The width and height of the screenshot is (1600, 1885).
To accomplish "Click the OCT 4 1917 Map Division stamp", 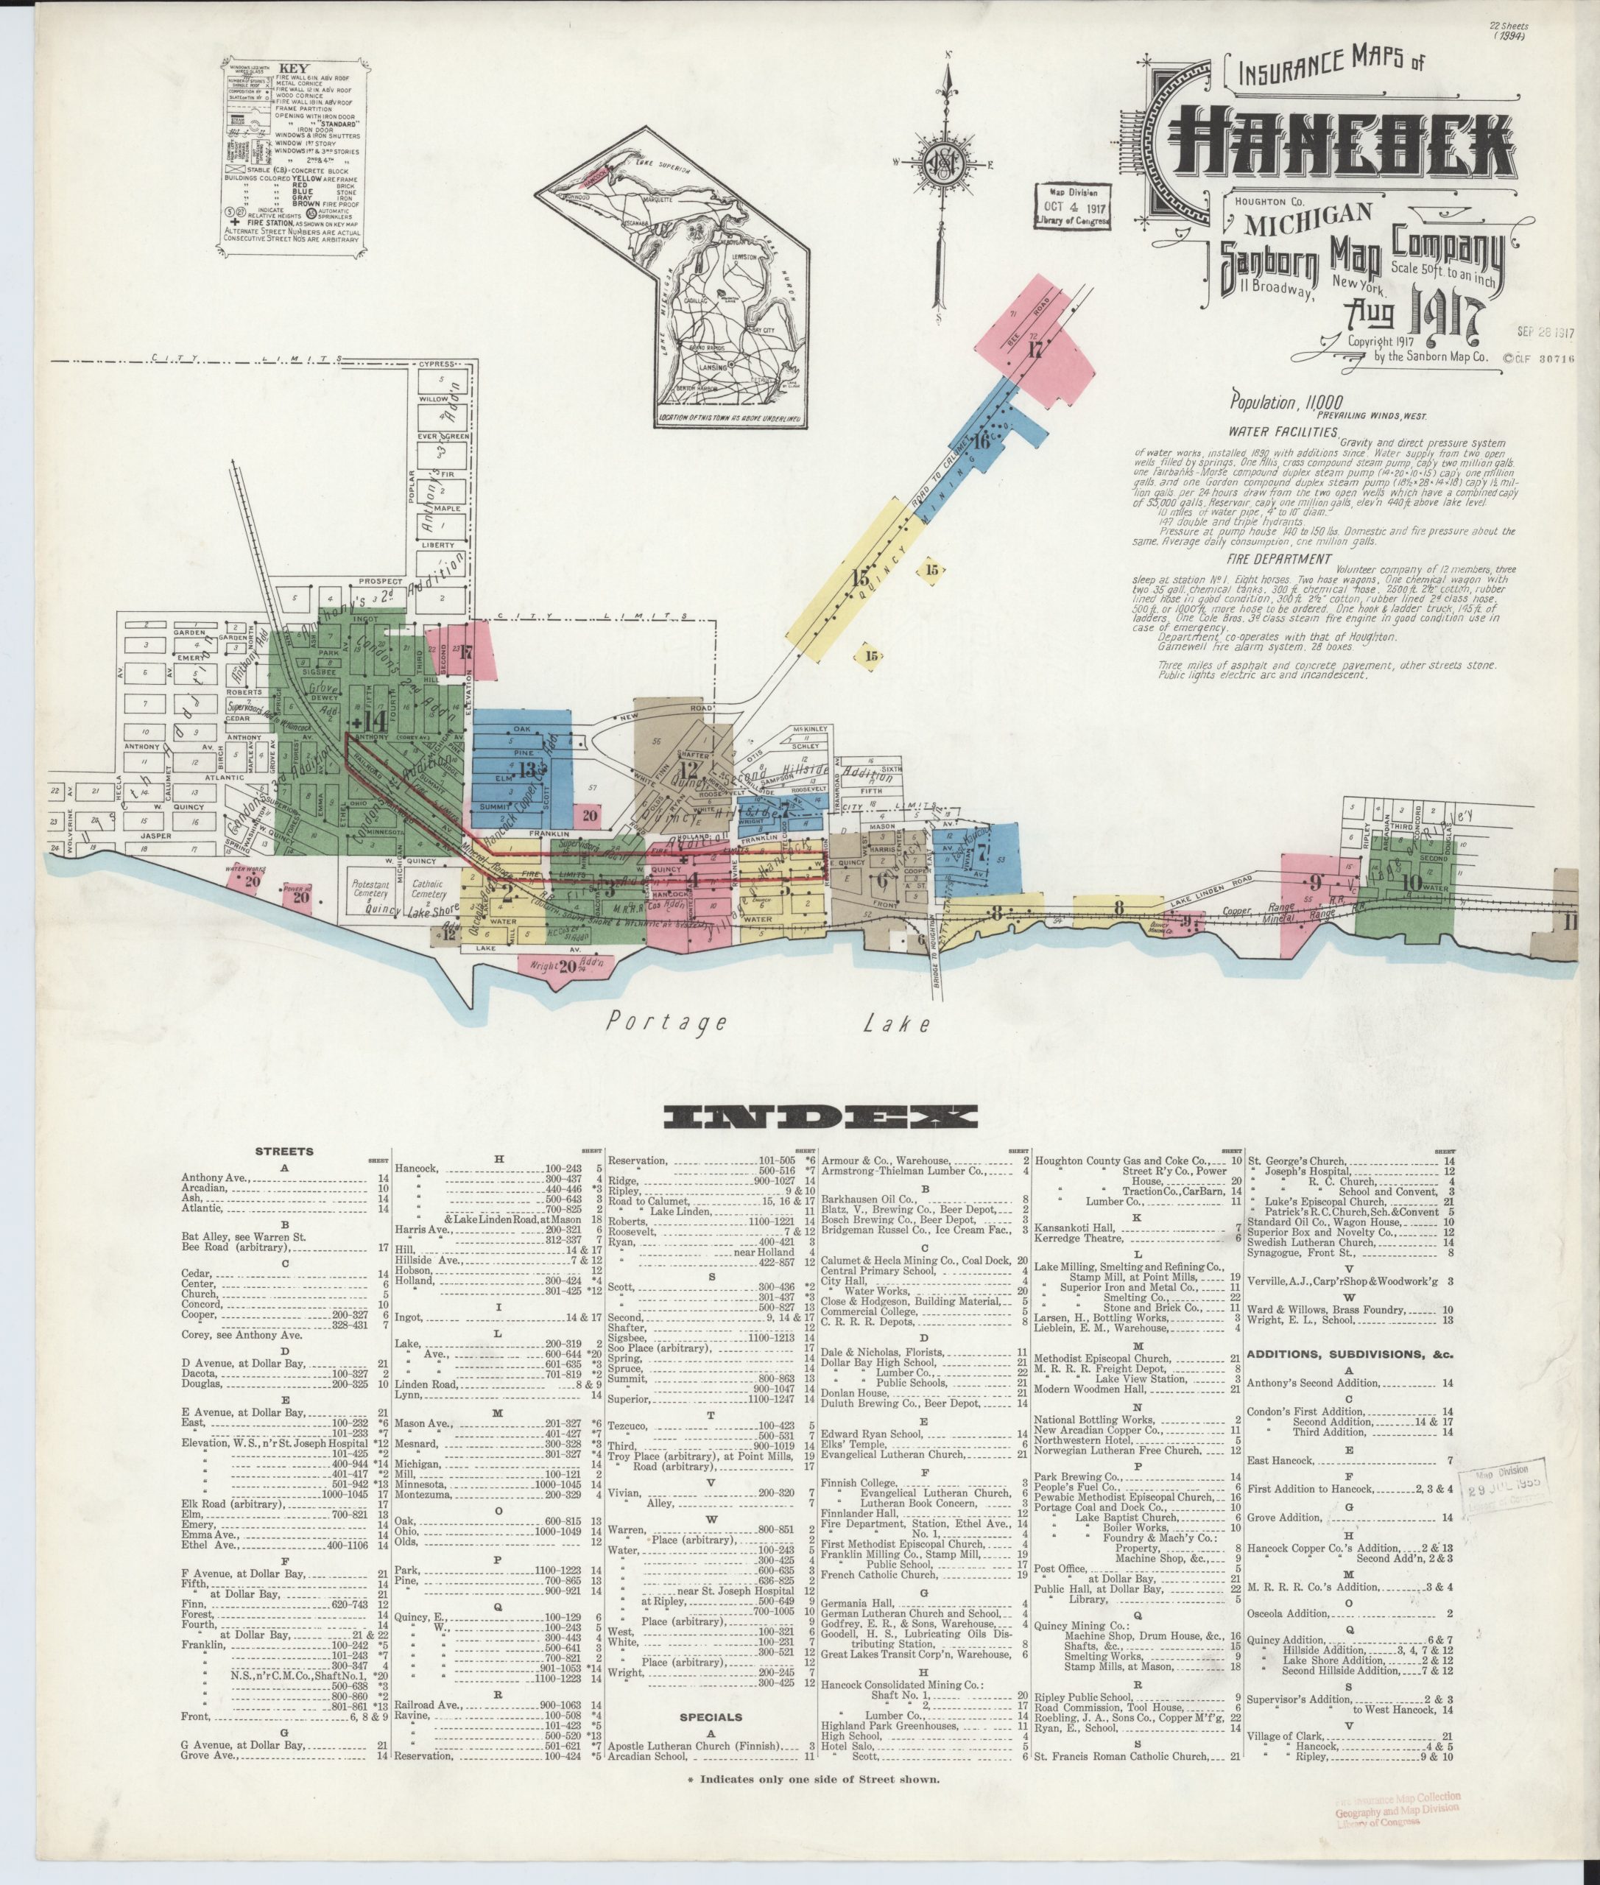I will click(1074, 207).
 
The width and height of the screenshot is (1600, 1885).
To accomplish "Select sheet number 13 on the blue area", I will click(528, 769).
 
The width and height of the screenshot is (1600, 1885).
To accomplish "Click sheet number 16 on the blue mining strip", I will click(983, 442).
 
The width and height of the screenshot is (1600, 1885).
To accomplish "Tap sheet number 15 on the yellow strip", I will click(861, 578).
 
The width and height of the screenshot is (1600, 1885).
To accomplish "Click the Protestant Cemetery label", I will click(370, 888).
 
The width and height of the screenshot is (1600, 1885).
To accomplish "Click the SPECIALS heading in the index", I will click(711, 1717).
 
